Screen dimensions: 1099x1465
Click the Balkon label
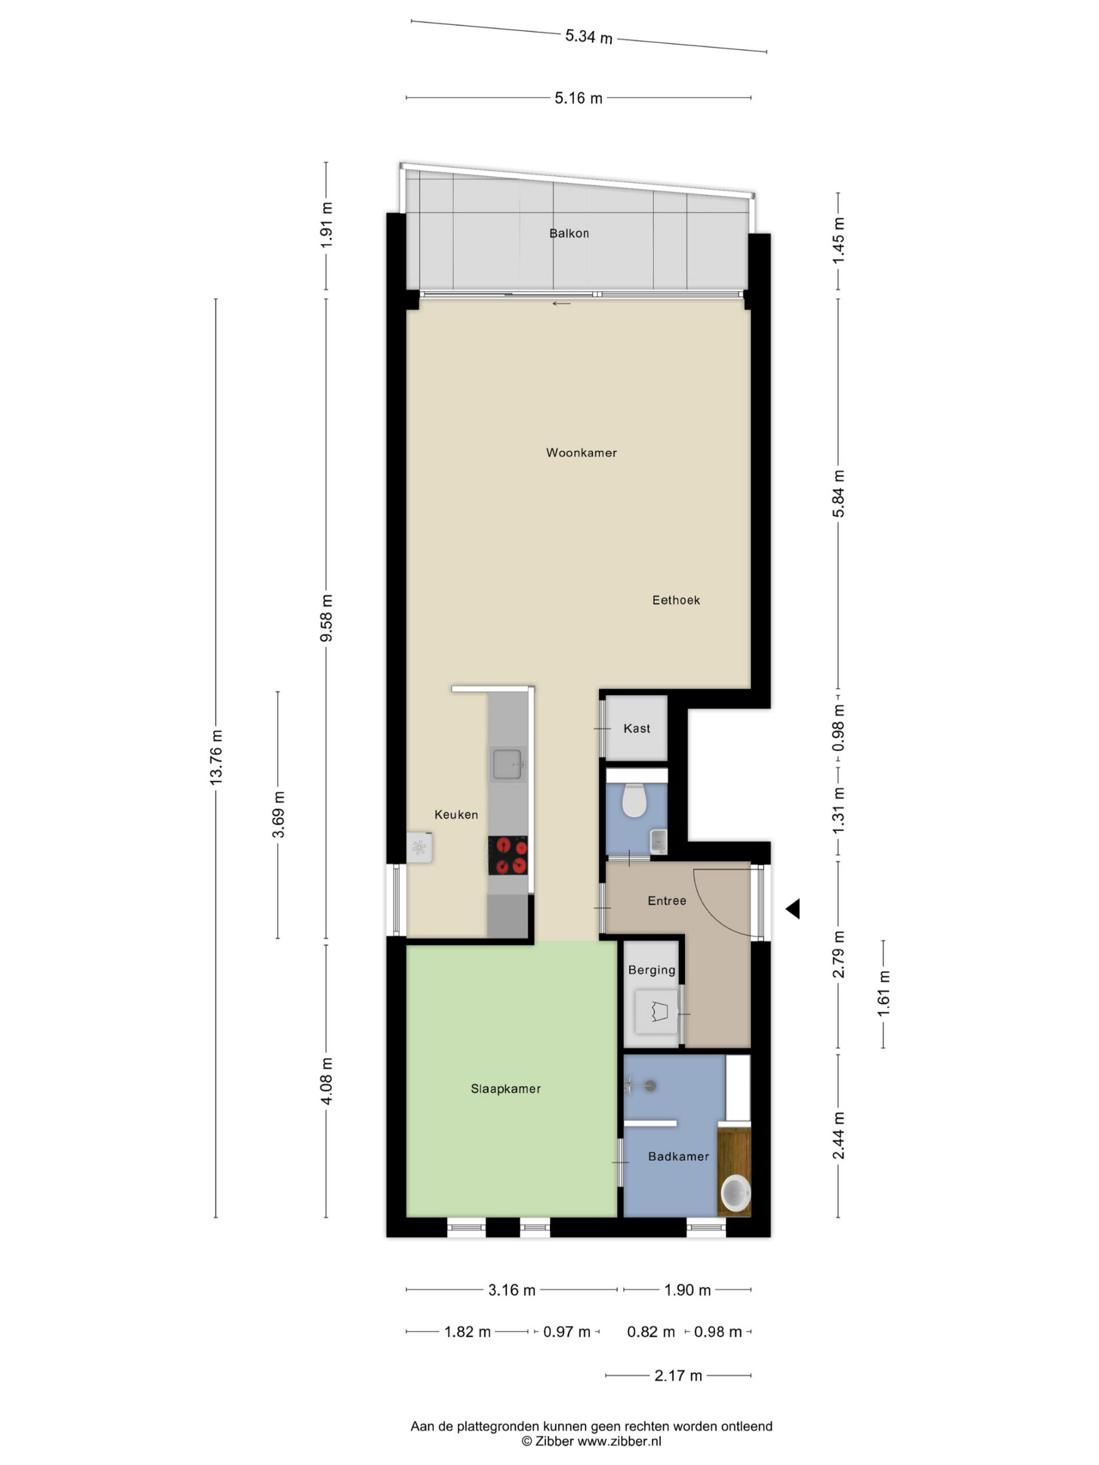(x=568, y=233)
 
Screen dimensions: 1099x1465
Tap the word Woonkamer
(x=581, y=453)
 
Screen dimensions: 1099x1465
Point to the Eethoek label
(x=675, y=600)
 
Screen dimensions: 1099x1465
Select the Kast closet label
(x=637, y=728)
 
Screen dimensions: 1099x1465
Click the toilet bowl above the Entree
(x=634, y=800)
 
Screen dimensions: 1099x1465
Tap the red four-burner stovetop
(x=508, y=855)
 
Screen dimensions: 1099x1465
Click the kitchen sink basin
(x=508, y=763)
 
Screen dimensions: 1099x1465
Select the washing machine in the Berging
(x=657, y=1011)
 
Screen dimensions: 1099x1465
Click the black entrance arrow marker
(x=793, y=909)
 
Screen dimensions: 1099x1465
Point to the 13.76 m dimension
(x=216, y=757)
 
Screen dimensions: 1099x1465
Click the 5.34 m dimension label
(x=588, y=37)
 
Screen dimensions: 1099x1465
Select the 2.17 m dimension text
(x=678, y=1376)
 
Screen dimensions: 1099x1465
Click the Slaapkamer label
(x=505, y=1089)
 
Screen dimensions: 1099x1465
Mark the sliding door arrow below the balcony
(x=561, y=304)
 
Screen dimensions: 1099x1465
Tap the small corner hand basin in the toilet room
(x=658, y=841)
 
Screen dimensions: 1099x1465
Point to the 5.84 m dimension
(x=838, y=493)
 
